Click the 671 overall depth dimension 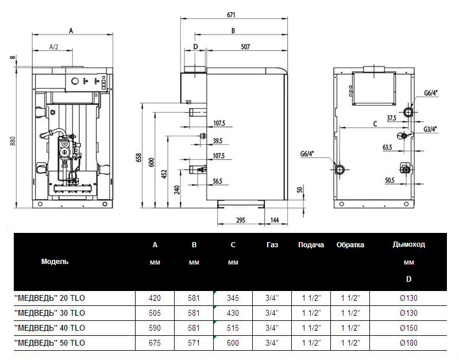click(x=231, y=14)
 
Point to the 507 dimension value click(x=245, y=47)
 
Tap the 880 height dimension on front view click(x=12, y=141)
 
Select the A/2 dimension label click(x=54, y=47)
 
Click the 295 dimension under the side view click(x=241, y=220)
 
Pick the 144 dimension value click(x=275, y=220)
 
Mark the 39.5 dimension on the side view click(x=218, y=141)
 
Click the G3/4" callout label click(x=430, y=129)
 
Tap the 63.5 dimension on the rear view click(x=387, y=147)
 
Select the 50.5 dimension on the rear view click(x=389, y=181)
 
